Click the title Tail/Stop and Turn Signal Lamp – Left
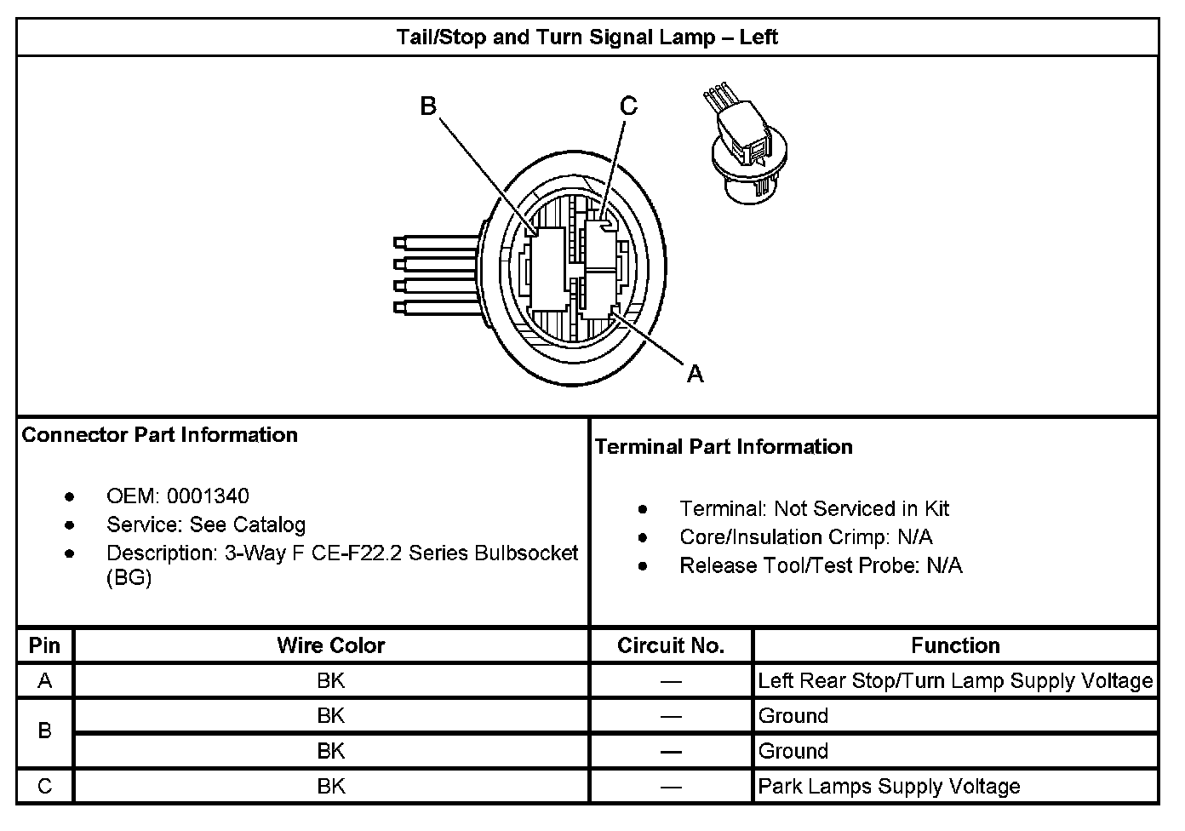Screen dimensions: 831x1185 pos(587,37)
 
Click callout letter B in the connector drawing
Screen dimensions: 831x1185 pos(428,106)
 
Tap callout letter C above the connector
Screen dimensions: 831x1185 pos(628,106)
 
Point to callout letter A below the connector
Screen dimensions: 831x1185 pos(696,374)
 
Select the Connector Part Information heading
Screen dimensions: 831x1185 pos(160,435)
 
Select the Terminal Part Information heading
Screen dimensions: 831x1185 pos(724,447)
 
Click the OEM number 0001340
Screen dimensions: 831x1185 pos(208,496)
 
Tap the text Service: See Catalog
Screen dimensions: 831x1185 pos(205,524)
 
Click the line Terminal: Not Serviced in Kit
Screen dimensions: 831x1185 pos(814,509)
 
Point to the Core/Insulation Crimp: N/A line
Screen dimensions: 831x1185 pos(805,537)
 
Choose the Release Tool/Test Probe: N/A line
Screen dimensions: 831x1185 pos(821,566)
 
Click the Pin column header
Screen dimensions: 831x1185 pos(44,645)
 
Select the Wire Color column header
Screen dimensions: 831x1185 pos(330,646)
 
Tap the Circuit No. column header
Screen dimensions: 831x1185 pos(671,646)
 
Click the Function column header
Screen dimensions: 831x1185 pos(955,646)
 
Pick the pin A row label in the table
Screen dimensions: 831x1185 pos(44,681)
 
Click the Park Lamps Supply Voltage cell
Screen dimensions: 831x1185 pos(889,787)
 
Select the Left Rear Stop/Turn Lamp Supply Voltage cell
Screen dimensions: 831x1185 pos(955,681)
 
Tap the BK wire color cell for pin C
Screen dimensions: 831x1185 pos(330,787)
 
